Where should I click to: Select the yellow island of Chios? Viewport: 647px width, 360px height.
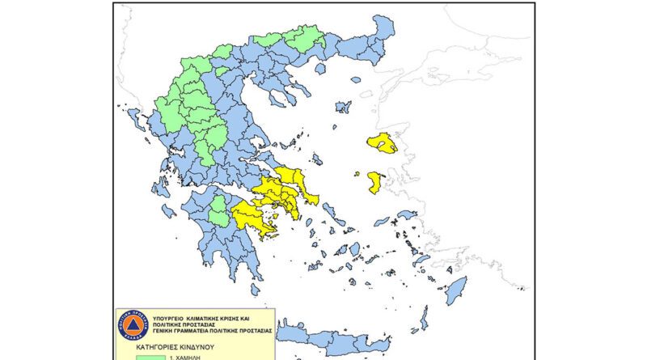375,181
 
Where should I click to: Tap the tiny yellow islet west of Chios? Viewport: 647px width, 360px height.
356,173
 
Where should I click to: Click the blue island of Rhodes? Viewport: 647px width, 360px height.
456,290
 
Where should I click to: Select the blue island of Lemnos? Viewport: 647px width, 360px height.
343,107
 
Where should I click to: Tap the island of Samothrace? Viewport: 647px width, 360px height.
355,79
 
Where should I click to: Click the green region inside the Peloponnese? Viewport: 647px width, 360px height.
219,211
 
